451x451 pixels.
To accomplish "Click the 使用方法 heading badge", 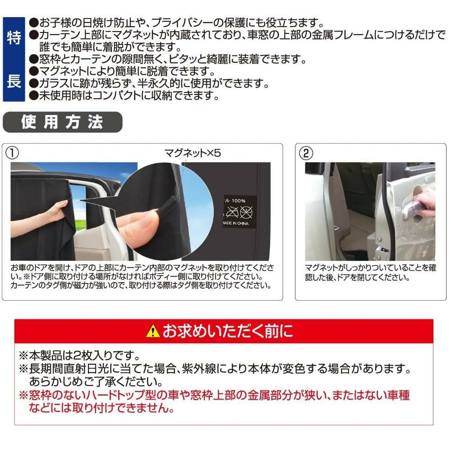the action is (62, 122).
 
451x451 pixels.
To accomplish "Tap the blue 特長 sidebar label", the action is (14, 59).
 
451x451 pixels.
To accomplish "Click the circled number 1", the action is (12, 153).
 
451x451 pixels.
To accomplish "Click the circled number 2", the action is (306, 153).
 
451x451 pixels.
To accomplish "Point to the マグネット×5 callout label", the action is (193, 153).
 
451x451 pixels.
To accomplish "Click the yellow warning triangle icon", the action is (153, 331).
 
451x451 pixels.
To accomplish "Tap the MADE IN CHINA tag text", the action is (236, 223).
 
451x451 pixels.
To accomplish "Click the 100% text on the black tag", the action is (239, 201).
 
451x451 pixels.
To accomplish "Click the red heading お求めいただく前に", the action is (228, 331).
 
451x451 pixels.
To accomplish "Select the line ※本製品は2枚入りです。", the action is (79, 355).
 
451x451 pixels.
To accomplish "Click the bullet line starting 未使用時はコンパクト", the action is (124, 95).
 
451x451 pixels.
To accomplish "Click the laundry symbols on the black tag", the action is (239, 212).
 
